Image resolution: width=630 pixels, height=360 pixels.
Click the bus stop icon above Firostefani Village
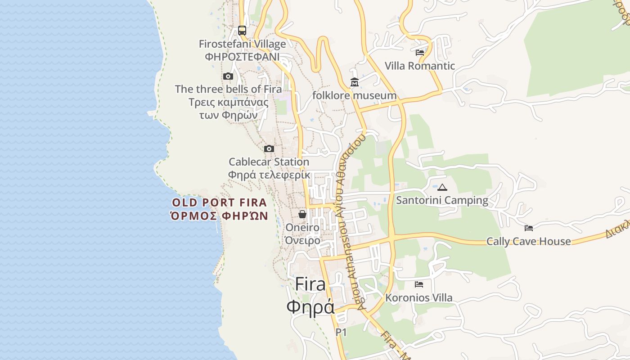[242, 31]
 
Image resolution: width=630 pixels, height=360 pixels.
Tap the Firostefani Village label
[242, 44]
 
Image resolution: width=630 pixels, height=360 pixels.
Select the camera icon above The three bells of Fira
[228, 76]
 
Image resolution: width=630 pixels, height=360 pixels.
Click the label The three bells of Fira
[228, 89]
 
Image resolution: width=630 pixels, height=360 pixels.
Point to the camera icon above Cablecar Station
[269, 149]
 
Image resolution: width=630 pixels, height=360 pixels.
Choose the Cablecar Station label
[269, 162]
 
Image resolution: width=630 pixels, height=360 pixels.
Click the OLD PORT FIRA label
[220, 203]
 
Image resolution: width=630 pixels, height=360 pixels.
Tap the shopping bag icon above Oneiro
[302, 214]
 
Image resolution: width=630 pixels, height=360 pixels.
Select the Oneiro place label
[302, 228]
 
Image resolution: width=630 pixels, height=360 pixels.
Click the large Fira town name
[310, 284]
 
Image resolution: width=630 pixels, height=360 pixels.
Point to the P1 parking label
[341, 333]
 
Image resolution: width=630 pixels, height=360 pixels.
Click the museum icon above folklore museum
[355, 82]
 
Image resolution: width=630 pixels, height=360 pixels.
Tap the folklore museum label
[355, 95]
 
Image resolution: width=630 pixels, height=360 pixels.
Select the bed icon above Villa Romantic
[420, 53]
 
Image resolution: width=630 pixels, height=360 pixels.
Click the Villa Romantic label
[420, 66]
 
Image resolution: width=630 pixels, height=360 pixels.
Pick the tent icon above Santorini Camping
[442, 187]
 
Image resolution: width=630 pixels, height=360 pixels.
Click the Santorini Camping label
[442, 200]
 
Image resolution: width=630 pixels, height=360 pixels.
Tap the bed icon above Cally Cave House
[529, 228]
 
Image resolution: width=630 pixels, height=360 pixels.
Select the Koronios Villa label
[419, 298]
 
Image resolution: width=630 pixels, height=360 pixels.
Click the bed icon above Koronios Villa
[419, 284]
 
